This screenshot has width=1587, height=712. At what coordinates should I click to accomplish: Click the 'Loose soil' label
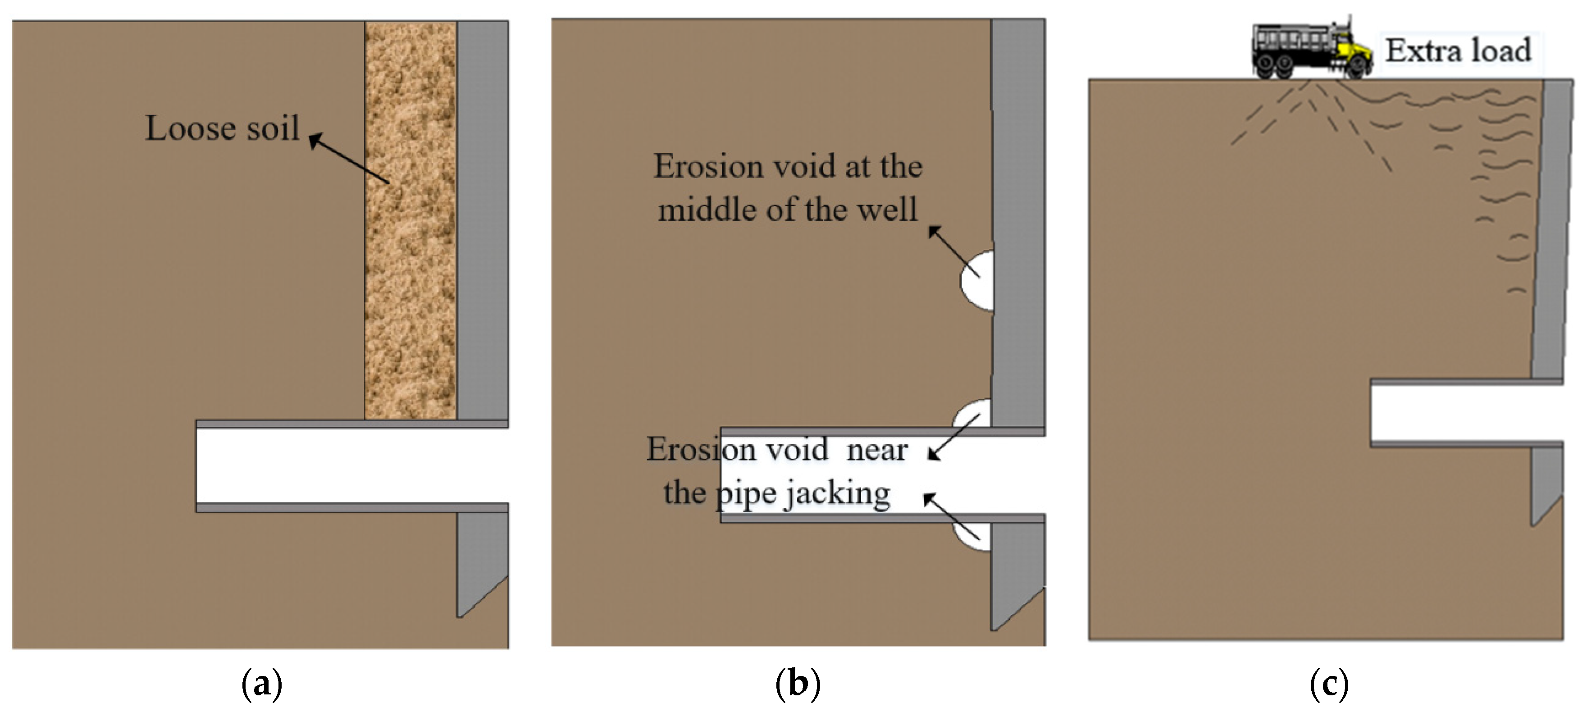pos(222,128)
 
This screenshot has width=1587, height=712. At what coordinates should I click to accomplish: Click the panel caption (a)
pos(262,684)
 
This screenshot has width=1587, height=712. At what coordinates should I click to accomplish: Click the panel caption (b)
pos(798,684)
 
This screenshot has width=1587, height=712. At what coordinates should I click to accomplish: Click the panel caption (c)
pos(1329,684)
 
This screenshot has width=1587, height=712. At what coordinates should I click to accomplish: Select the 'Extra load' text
pos(1458,50)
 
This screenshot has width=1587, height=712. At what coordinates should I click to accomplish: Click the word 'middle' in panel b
pos(707,210)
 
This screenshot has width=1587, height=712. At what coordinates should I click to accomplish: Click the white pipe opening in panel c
pos(1466,413)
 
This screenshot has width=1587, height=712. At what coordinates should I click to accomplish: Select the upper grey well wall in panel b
pos(1018,215)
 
